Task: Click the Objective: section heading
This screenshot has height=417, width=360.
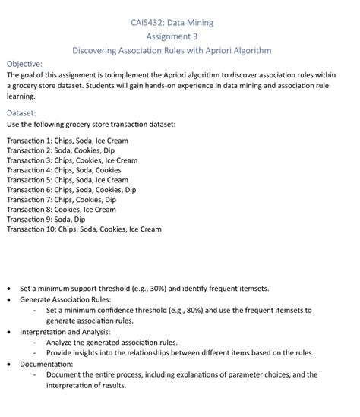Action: pyautogui.click(x=24, y=64)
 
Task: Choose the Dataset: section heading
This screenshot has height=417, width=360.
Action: pyautogui.click(x=21, y=112)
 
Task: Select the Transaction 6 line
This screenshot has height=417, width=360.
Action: pyautogui.click(x=71, y=190)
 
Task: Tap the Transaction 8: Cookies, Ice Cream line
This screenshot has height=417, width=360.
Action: pyautogui.click(x=61, y=210)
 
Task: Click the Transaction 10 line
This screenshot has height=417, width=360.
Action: pyautogui.click(x=84, y=229)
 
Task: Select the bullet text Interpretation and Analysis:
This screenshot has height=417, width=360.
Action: pyautogui.click(x=65, y=332)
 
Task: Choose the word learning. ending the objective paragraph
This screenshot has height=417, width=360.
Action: pyautogui.click(x=21, y=97)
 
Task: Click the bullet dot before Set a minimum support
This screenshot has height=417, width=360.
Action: pyautogui.click(x=8, y=289)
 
